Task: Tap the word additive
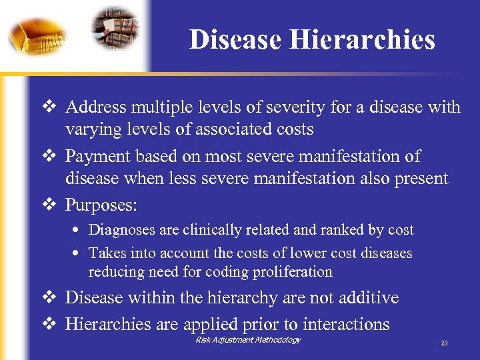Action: (371, 297)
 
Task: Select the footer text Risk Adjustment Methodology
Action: (248, 340)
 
